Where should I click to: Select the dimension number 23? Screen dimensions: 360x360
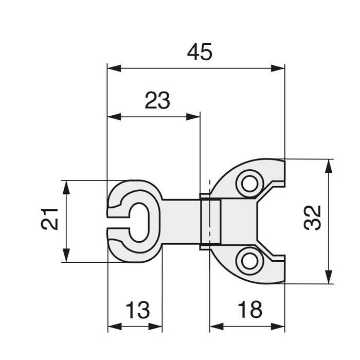coord(157,101)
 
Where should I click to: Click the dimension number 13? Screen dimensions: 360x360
coord(137,310)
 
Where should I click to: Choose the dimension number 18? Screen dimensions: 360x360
coord(249,310)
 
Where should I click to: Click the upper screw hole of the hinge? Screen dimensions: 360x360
coord(249,184)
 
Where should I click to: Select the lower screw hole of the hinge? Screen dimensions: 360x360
coord(249,261)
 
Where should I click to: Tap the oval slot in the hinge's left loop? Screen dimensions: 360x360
coord(139,222)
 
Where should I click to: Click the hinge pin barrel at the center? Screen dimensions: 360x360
coord(210,221)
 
